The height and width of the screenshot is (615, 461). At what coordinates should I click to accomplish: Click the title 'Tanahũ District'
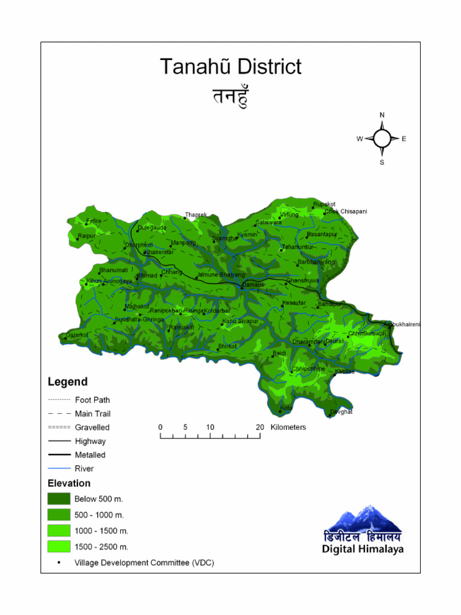[x=230, y=67]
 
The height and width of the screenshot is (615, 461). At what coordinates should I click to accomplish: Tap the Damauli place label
[x=253, y=284]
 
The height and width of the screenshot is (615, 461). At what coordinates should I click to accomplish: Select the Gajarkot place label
[x=77, y=335]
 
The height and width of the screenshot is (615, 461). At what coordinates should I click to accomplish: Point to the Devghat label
[x=341, y=411]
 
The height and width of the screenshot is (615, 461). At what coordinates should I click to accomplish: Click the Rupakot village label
[x=324, y=204]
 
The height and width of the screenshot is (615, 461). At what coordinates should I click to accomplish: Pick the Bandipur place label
[x=330, y=304]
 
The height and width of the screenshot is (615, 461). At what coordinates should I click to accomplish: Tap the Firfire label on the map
[x=94, y=221]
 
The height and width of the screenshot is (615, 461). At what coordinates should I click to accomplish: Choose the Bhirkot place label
[x=227, y=346]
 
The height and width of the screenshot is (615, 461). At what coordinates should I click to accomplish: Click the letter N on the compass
[x=382, y=115]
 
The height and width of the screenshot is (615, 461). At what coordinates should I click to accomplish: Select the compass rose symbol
[x=382, y=139]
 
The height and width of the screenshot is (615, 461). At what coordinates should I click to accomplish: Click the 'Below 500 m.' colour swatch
[x=59, y=498]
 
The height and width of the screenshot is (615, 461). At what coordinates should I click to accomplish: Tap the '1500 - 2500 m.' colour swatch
[x=59, y=547]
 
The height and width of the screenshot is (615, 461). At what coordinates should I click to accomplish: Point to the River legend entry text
[x=84, y=468]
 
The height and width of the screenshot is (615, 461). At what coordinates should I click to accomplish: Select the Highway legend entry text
[x=90, y=441]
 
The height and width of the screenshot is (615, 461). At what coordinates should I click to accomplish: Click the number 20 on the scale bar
[x=260, y=427]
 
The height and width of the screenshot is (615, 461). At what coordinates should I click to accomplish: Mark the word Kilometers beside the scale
[x=288, y=427]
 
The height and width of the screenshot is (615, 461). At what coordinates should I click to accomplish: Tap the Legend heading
[x=67, y=381]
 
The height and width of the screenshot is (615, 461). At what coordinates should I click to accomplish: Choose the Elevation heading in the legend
[x=69, y=483]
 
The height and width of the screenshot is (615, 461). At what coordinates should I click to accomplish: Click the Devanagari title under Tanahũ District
[x=230, y=96]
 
